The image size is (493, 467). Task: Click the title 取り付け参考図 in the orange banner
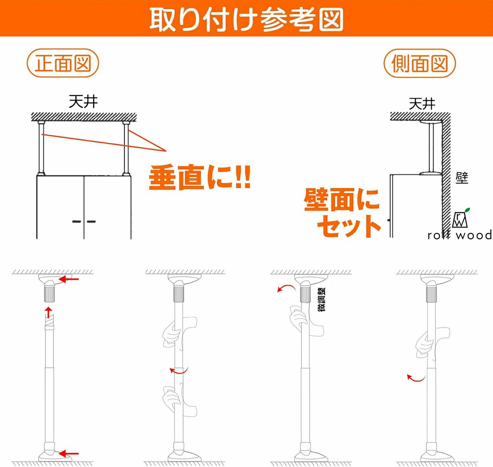pos(246,20)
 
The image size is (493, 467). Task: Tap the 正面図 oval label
pos(63,63)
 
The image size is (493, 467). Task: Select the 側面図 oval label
pos(420,63)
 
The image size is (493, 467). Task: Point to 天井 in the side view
pos(422,103)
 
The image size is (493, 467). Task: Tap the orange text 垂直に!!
pos(200,177)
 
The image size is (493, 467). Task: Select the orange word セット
pos(349,226)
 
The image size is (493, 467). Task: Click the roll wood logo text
pos(460,235)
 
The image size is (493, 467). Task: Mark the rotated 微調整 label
pos(322,300)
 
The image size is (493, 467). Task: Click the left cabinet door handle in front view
pos(76,222)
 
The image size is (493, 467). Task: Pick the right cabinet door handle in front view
pos(91,222)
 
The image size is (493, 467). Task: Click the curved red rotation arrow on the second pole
pos(178,370)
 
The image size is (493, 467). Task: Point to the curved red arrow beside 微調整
pos(286,288)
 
